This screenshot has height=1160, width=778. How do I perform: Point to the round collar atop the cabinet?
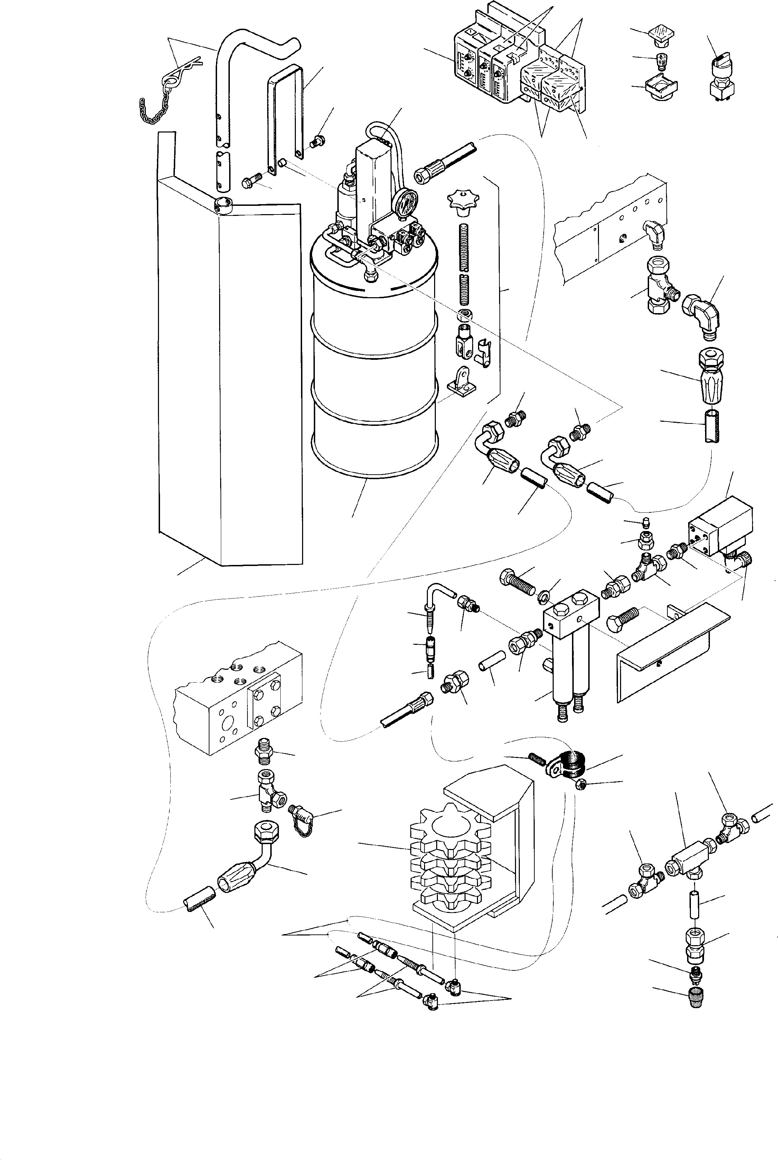pos(225,203)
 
